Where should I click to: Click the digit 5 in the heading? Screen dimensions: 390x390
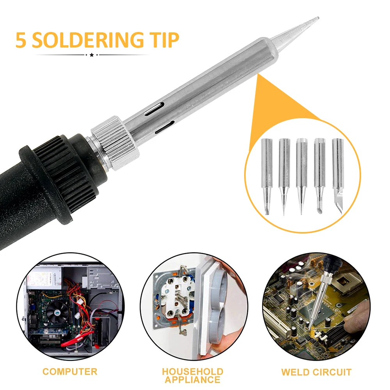[x=21, y=40]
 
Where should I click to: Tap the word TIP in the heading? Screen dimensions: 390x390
[x=164, y=40]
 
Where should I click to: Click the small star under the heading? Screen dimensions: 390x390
[x=92, y=55]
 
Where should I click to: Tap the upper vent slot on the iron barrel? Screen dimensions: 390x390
[x=154, y=108]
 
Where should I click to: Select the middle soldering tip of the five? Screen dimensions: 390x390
[x=301, y=176]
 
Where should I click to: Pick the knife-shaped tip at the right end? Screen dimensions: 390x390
[x=338, y=176]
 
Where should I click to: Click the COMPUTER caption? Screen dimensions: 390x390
[x=70, y=372]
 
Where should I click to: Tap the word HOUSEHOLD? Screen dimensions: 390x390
[x=193, y=372]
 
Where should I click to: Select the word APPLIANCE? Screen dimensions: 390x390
[x=193, y=380]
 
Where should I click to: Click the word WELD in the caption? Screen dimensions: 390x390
[x=295, y=372]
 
